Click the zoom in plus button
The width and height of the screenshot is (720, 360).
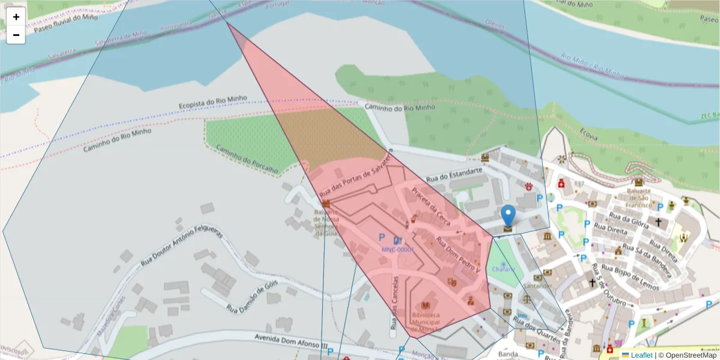point(16,17)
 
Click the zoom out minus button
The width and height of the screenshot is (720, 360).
point(16,35)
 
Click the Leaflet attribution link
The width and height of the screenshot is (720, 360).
point(637,355)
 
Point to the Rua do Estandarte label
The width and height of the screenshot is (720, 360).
point(454,175)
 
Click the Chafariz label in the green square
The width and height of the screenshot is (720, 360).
point(503,269)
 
